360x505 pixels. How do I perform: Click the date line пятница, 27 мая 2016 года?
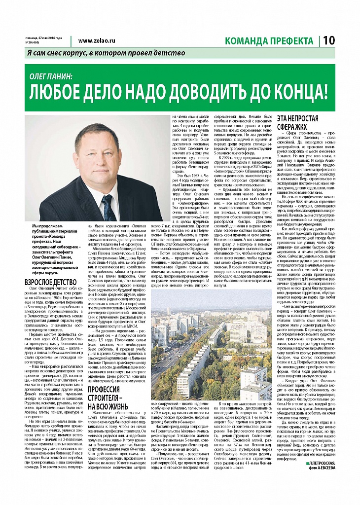[x=44, y=38]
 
